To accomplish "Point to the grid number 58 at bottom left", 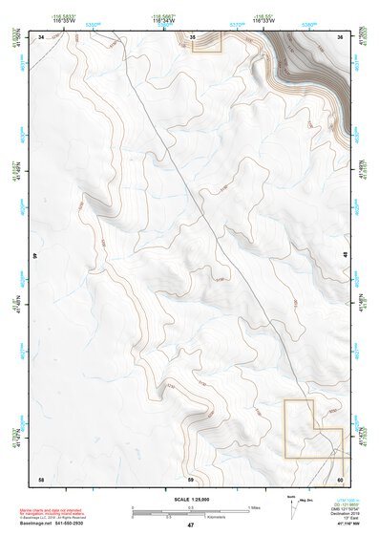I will [x=41, y=478].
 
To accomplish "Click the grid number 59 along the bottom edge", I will [x=191, y=478].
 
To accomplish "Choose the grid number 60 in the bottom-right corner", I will [x=341, y=478].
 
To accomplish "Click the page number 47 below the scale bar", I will [x=190, y=525].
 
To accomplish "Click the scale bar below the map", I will [x=190, y=511].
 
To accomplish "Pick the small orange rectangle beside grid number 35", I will [x=207, y=41].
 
